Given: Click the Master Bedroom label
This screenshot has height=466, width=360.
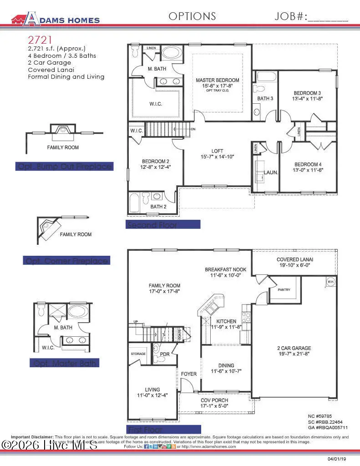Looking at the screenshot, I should pyautogui.click(x=217, y=80).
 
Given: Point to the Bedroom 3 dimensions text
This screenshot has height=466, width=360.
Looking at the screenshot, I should pyautogui.click(x=307, y=98).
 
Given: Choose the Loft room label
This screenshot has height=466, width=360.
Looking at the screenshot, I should pyautogui.click(x=217, y=151).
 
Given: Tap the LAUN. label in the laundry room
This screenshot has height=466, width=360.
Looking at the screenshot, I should pyautogui.click(x=271, y=173).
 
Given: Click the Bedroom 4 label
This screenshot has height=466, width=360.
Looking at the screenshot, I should pyautogui.click(x=308, y=164).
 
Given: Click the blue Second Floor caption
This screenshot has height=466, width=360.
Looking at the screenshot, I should pyautogui.click(x=162, y=225).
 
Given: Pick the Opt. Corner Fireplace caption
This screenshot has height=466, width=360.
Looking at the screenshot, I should pyautogui.click(x=66, y=261).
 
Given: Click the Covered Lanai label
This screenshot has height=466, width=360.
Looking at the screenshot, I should pyautogui.click(x=294, y=259).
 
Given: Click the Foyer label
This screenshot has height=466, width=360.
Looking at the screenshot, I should pyautogui.click(x=189, y=374).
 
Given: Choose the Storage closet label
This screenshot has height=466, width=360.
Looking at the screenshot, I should pyautogui.click(x=138, y=354).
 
